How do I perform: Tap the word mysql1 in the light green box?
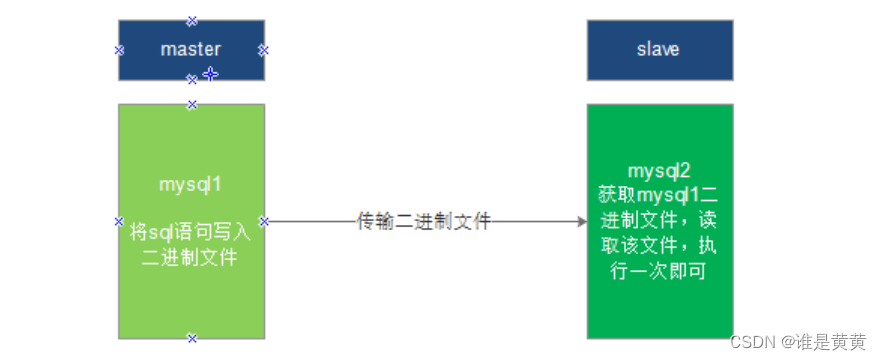(190, 185)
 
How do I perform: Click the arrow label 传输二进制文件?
(424, 221)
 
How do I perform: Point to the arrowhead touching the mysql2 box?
(581, 221)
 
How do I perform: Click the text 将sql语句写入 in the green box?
(190, 232)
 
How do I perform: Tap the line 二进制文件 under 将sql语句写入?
(190, 256)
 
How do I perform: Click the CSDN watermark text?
(754, 342)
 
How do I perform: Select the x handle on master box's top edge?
(192, 20)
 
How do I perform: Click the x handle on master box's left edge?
(119, 49)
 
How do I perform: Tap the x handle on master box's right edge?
(264, 49)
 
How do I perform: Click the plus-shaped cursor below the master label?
(210, 73)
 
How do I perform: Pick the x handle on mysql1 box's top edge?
(192, 104)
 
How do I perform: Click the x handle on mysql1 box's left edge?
(119, 221)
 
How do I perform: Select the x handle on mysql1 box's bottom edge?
(192, 338)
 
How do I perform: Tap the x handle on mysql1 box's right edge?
(264, 221)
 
